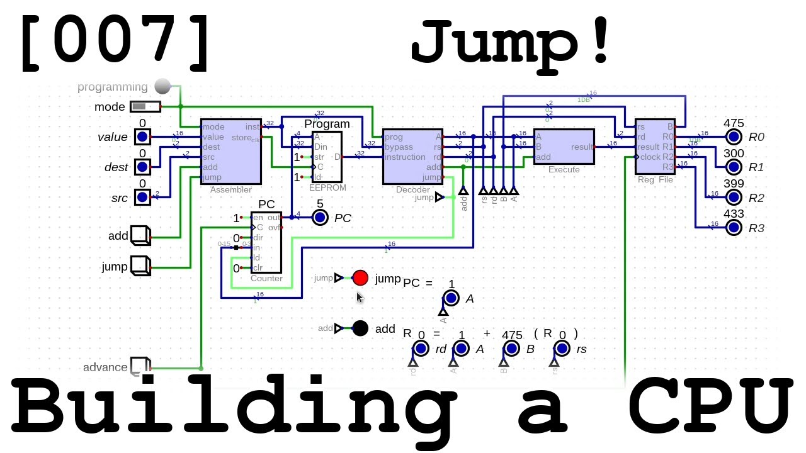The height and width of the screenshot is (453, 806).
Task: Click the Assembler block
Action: click(230, 152)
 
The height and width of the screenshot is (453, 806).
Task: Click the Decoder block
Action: click(412, 157)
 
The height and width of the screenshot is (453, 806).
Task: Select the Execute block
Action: click(564, 146)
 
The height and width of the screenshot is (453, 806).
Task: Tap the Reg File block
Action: click(654, 147)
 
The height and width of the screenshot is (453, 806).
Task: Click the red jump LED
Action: click(360, 277)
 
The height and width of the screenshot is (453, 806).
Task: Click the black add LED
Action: click(360, 328)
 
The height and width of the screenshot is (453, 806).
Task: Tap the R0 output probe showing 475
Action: click(733, 137)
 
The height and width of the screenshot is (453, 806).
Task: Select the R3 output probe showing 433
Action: click(733, 227)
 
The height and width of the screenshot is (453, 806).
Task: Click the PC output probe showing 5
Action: click(320, 217)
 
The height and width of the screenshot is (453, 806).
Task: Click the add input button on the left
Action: click(139, 235)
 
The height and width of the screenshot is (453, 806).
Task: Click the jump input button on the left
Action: click(139, 266)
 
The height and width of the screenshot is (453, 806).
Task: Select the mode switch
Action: click(145, 106)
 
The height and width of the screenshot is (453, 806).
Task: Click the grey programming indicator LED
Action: click(162, 86)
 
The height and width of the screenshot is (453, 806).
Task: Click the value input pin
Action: click(142, 137)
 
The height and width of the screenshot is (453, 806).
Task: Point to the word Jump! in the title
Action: click(511, 43)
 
